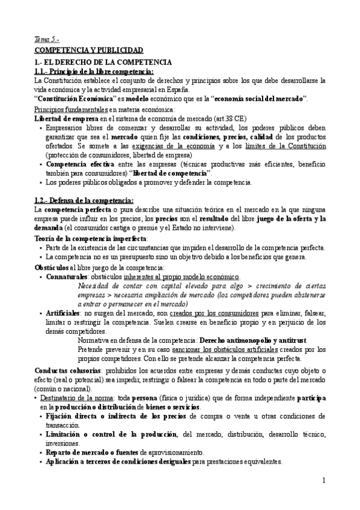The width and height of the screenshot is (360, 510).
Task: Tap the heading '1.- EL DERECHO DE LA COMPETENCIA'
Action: point(103,63)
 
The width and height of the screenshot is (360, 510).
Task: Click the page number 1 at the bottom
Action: point(323,481)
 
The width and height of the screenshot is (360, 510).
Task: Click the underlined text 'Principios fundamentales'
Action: point(70,109)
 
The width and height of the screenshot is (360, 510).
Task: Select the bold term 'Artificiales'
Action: point(63,313)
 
